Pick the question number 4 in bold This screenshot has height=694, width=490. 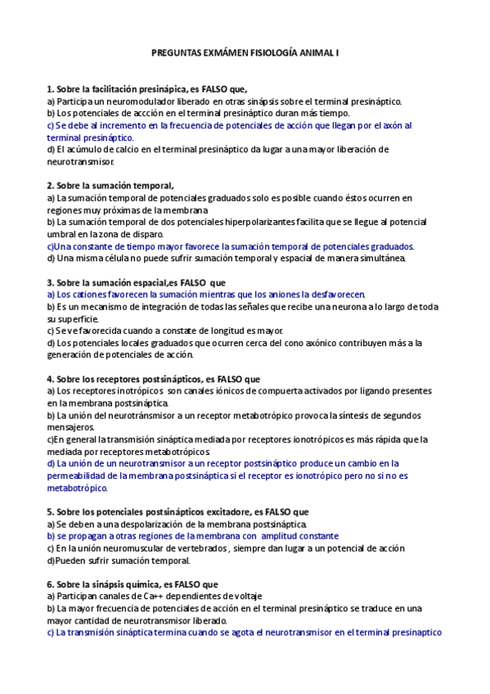[x=51, y=379]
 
